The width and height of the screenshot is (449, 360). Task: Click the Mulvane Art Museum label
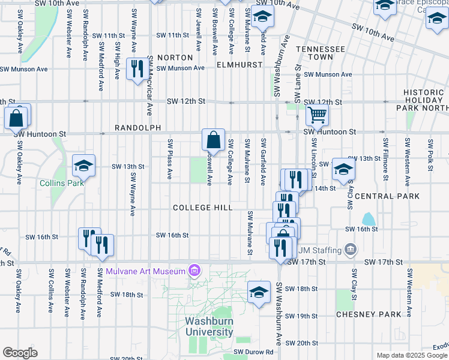[146, 271]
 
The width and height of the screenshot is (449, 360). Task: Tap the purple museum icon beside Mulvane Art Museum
[194, 271]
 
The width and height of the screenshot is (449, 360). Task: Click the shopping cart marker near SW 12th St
[317, 115]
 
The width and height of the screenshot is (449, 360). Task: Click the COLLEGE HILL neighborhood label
[202, 208]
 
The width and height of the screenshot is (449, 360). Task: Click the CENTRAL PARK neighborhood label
[382, 196]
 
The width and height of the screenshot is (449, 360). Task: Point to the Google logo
[20, 353]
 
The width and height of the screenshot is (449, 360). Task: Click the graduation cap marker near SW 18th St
[259, 292]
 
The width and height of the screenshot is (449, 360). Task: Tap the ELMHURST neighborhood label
[240, 64]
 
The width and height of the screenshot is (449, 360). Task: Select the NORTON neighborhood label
[175, 58]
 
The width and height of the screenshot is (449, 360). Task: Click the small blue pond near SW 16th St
[369, 219]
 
